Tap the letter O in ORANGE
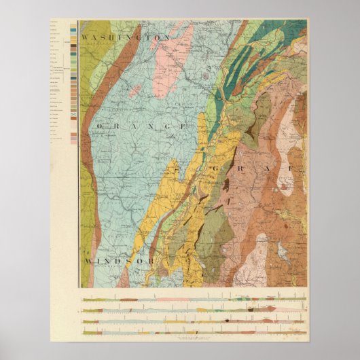click(x=100, y=127)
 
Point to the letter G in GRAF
click(x=217, y=167)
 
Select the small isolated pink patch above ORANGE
click(x=135, y=89)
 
